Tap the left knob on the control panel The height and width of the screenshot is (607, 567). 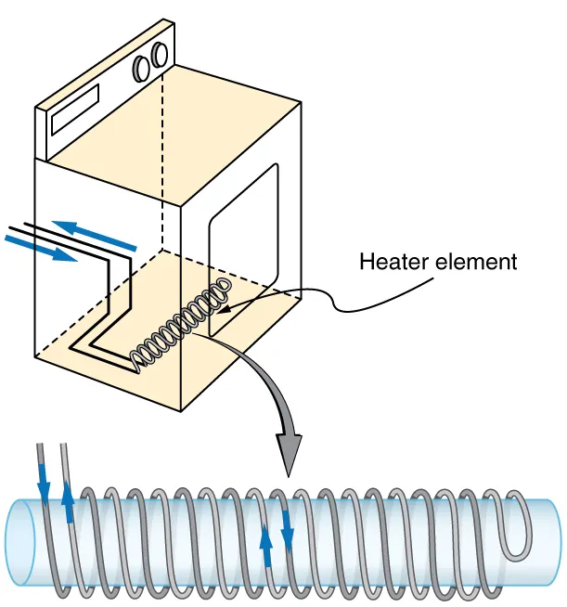[143, 68]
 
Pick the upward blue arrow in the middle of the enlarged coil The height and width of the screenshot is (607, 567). [266, 544]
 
